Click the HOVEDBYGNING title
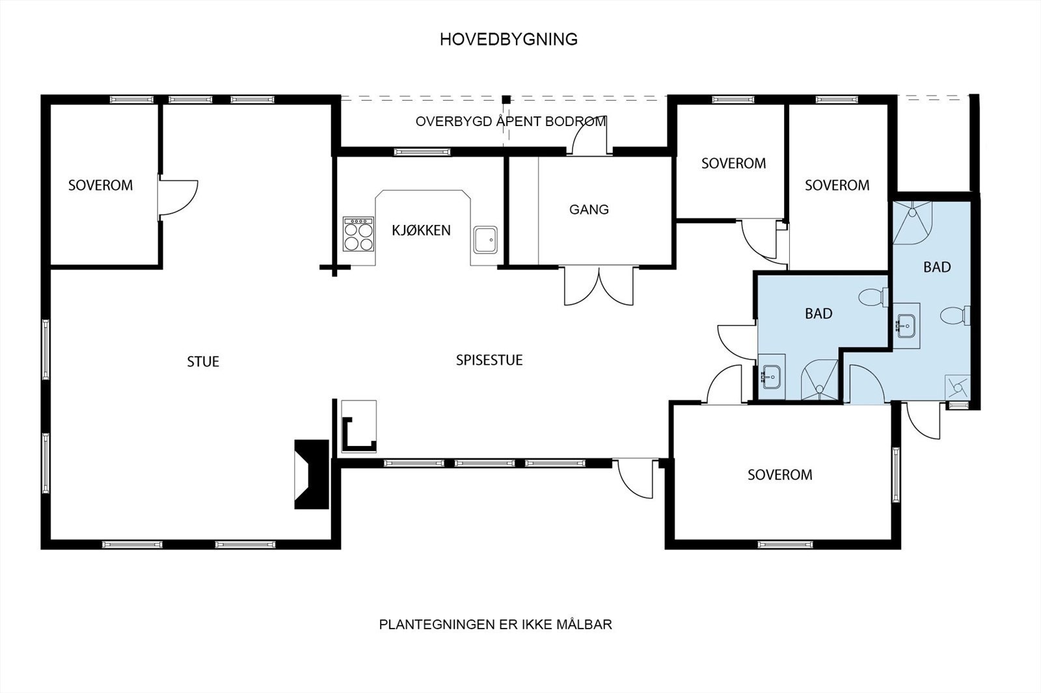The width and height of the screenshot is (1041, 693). tap(508, 40)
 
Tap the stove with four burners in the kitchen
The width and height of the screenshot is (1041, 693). tap(359, 235)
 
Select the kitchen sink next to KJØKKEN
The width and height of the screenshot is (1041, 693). tap(485, 239)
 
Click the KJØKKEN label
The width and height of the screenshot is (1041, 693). tap(421, 230)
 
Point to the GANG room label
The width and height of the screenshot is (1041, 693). tap(589, 209)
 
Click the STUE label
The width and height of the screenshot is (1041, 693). tap(203, 361)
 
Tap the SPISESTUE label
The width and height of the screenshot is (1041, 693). tap(489, 360)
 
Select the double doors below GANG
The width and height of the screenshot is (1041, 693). tap(599, 286)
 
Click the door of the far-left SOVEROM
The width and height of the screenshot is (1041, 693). tap(177, 196)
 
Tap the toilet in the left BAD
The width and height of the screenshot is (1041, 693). tap(871, 297)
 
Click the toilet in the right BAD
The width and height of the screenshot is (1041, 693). tap(954, 316)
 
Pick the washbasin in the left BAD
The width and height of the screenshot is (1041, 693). tap(772, 375)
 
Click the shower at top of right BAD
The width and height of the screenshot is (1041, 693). tap(912, 221)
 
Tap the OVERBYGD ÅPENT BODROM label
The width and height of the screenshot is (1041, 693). tap(511, 122)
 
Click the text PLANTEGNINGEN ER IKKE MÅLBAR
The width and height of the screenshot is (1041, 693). tap(495, 625)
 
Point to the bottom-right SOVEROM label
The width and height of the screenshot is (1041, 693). tap(779, 475)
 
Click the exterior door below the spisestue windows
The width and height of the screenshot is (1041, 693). tap(636, 478)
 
